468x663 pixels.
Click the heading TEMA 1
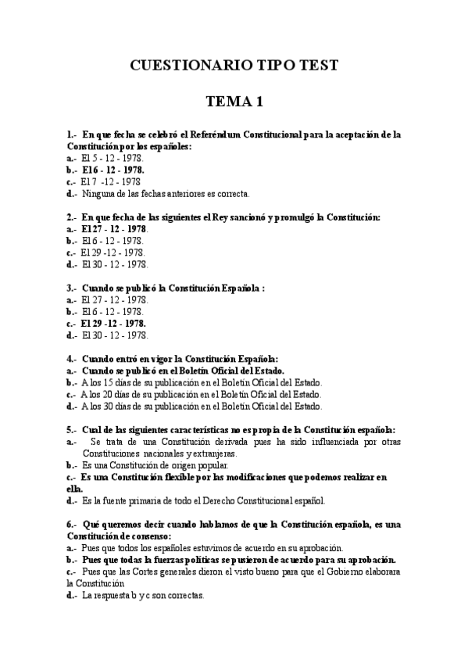point(234,102)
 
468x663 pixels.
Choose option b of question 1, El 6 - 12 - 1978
point(113,169)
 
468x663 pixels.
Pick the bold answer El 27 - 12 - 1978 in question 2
point(114,228)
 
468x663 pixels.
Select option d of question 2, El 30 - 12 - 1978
point(114,263)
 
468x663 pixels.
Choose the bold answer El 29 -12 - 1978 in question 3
point(114,323)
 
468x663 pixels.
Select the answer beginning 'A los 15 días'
point(201,382)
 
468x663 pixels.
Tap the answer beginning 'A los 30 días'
point(201,406)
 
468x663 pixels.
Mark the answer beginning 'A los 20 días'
point(201,394)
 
